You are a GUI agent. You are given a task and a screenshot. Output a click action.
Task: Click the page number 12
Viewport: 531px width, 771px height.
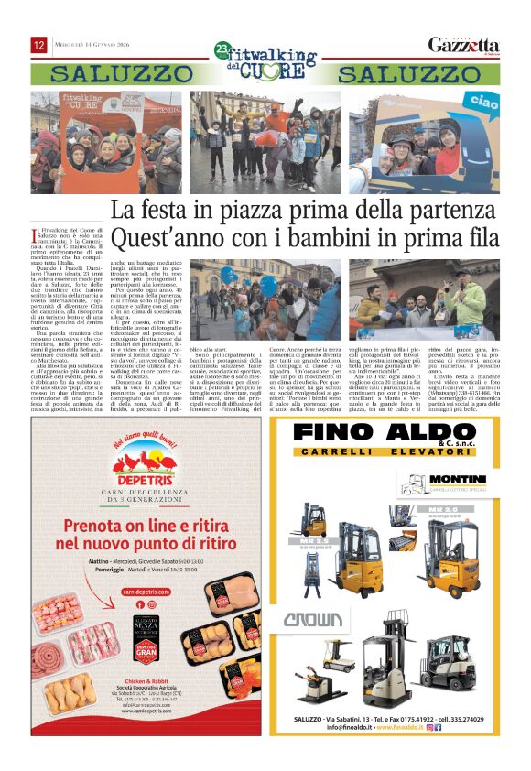[39, 45]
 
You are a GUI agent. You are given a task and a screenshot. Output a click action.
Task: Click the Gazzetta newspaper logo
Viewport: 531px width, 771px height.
[464, 46]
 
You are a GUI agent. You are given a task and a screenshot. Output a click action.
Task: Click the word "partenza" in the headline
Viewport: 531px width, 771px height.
[447, 211]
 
